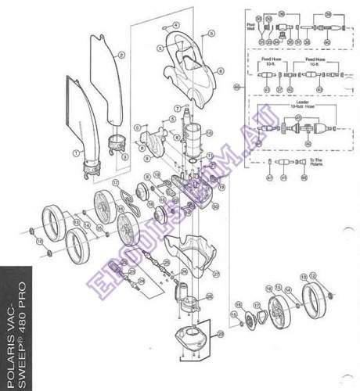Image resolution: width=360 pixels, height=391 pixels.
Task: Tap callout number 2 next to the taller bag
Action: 122,56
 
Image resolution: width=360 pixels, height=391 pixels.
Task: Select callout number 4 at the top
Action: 177,25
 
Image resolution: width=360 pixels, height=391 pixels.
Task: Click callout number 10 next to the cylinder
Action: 209,135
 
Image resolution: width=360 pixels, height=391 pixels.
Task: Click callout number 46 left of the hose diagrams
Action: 236,86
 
